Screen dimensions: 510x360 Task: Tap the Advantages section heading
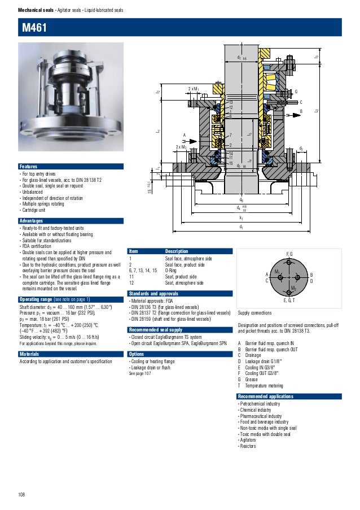click(x=32, y=220)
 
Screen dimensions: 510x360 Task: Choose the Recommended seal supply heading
click(x=156, y=329)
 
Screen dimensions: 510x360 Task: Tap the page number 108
click(x=21, y=495)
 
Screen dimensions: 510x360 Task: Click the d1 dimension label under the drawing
click(x=242, y=226)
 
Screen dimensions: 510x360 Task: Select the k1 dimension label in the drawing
click(x=242, y=217)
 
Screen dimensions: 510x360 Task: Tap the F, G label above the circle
click(x=289, y=254)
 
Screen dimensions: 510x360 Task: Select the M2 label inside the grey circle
click(x=293, y=289)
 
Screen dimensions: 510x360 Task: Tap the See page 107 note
click(x=141, y=373)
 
